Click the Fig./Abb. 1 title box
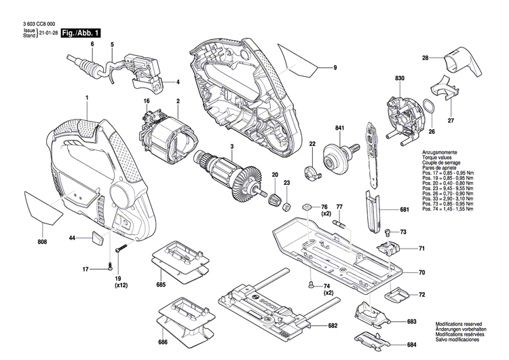pos(80,33)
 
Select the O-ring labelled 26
pos(429,107)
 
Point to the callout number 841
pos(339,128)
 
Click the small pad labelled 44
pos(97,237)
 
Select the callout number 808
pos(42,240)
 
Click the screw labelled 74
pos(310,284)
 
